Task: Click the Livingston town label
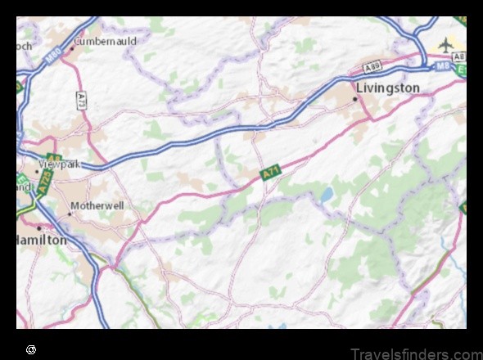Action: (x=388, y=88)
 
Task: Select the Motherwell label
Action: (x=97, y=205)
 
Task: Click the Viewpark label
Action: (x=62, y=164)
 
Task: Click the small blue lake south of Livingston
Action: (x=327, y=194)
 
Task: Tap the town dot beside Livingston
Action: (x=354, y=99)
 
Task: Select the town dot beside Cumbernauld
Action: (x=72, y=47)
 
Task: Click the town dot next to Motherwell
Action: (x=70, y=214)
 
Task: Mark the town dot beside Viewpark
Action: (x=38, y=171)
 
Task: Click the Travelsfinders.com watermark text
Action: (x=415, y=353)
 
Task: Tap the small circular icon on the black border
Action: (x=31, y=349)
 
